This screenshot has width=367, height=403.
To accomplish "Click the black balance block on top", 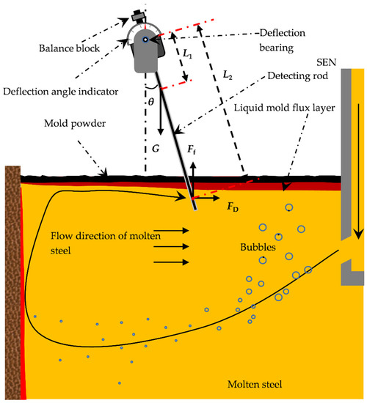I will [x=137, y=16].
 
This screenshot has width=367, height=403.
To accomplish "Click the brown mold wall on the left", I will [x=12, y=278].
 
